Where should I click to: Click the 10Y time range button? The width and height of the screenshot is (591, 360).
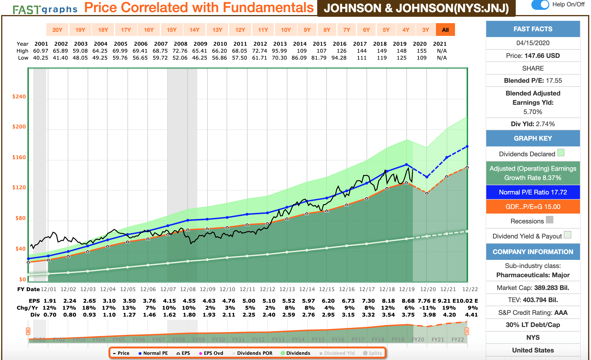coord(286,30)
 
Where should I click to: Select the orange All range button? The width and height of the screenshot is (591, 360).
coord(445,30)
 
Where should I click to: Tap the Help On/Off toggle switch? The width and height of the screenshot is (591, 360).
coord(540,5)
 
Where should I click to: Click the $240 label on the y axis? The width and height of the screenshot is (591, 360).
coord(19,97)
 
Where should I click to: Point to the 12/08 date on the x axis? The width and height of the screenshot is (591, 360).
coord(188,289)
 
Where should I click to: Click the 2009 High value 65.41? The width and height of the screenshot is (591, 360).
coord(200,51)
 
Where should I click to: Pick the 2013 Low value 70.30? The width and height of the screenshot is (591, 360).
coord(279,58)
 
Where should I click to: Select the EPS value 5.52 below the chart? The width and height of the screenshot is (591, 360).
coord(289,301)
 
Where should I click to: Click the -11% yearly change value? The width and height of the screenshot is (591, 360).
coord(427,308)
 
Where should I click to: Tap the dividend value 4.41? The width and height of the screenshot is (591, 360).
coord(471,315)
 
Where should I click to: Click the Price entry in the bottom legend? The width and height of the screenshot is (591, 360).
coord(121,353)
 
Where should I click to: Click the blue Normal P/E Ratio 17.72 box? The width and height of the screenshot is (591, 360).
coord(533,192)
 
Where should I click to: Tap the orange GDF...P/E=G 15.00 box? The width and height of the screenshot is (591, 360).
coord(533,207)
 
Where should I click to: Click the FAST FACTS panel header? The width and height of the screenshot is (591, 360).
coord(533,29)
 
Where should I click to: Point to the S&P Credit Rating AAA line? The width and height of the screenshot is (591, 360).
coord(533,313)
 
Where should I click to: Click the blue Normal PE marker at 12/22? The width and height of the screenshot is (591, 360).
coord(467,147)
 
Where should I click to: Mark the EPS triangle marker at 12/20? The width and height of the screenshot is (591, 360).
coord(427,193)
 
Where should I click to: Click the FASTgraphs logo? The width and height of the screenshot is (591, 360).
coord(45,9)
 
